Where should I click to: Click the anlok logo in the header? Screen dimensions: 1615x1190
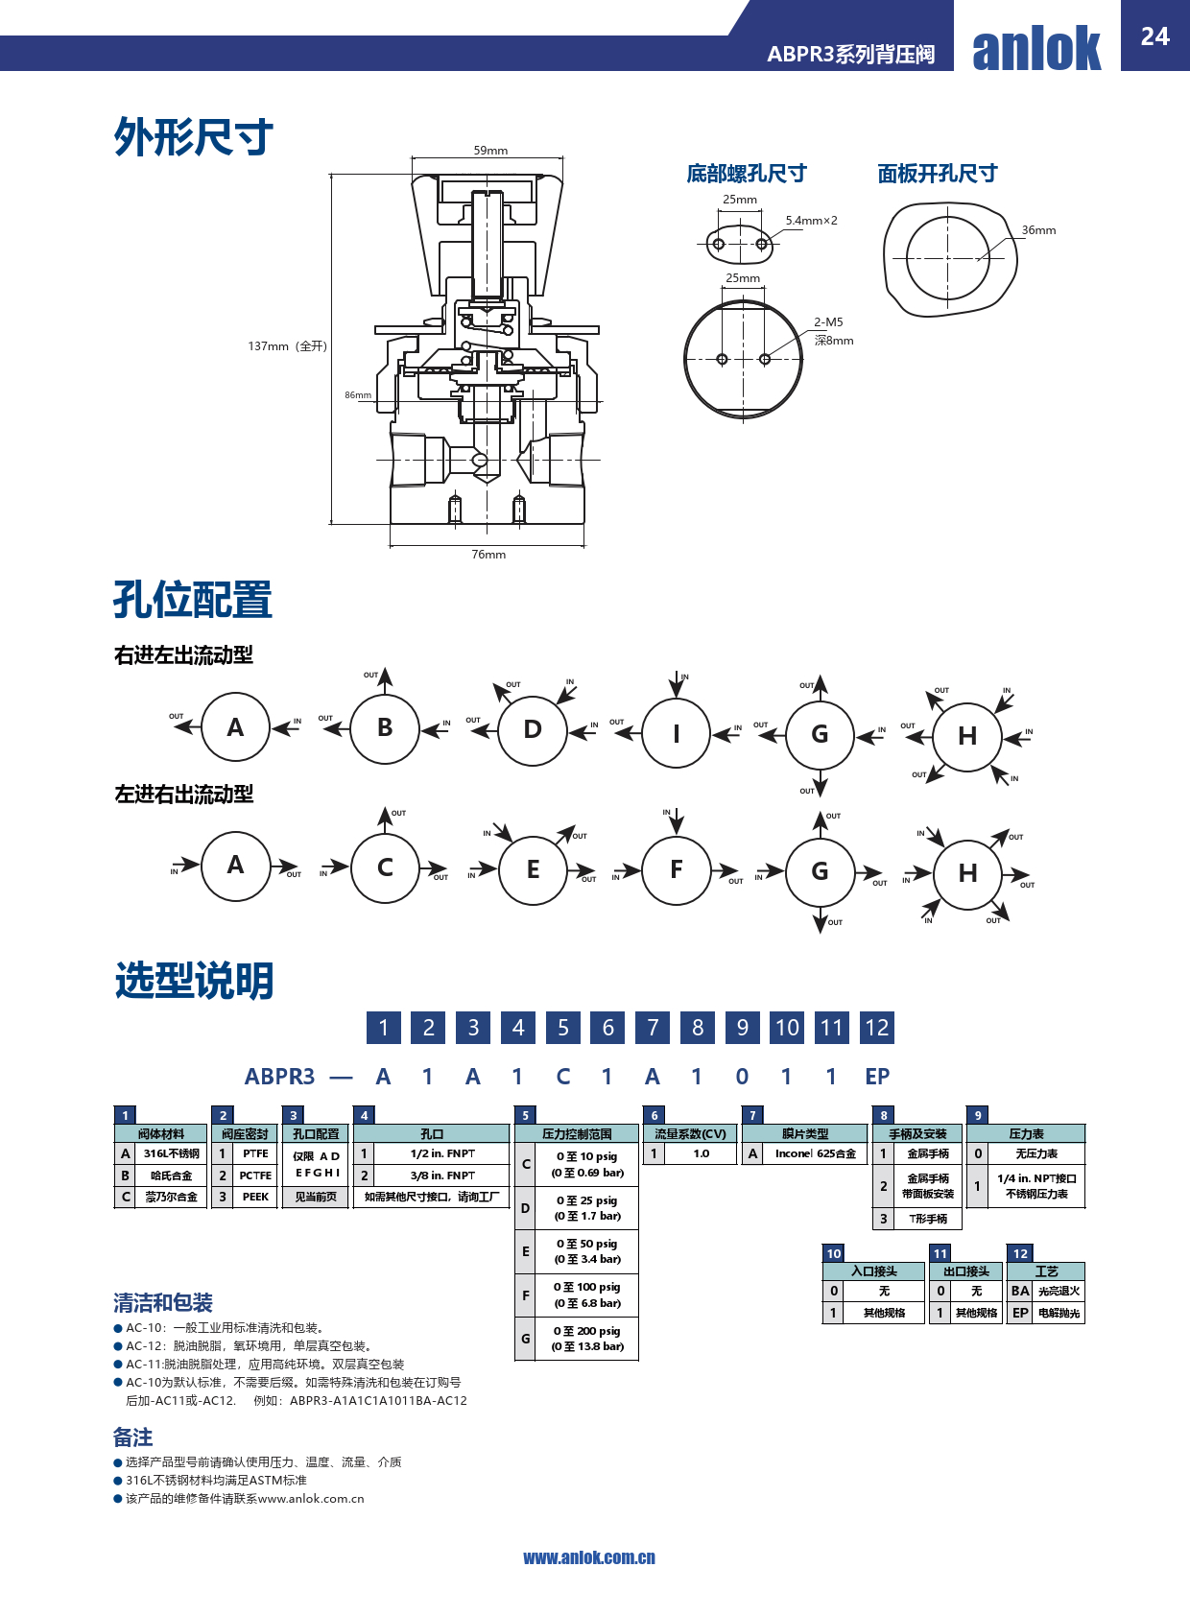point(1036,48)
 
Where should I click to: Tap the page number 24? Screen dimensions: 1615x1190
point(1154,36)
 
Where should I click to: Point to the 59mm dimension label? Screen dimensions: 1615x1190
point(490,151)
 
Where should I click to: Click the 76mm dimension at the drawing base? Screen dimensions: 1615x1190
point(488,555)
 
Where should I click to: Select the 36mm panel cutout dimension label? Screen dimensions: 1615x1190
point(1038,230)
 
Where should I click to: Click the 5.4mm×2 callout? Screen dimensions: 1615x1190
point(811,221)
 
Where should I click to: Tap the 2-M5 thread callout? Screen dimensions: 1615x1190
point(828,322)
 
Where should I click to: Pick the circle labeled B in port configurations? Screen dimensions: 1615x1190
point(385,728)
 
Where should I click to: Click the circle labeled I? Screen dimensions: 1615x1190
point(677,734)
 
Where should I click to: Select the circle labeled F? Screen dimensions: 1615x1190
point(677,870)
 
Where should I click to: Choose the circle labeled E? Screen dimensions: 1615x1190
point(533,870)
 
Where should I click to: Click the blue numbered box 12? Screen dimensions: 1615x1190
point(876,1028)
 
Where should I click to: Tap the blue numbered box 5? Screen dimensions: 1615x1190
point(563,1028)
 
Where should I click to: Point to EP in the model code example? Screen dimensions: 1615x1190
point(877,1077)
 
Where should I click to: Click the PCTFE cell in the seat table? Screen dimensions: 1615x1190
point(255,1176)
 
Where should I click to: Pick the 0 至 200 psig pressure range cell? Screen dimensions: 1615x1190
point(587,1339)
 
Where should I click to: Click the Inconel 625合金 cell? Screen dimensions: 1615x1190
point(815,1153)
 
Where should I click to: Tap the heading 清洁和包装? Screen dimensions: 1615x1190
point(163,1303)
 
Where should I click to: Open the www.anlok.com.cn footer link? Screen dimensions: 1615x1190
point(589,1557)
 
